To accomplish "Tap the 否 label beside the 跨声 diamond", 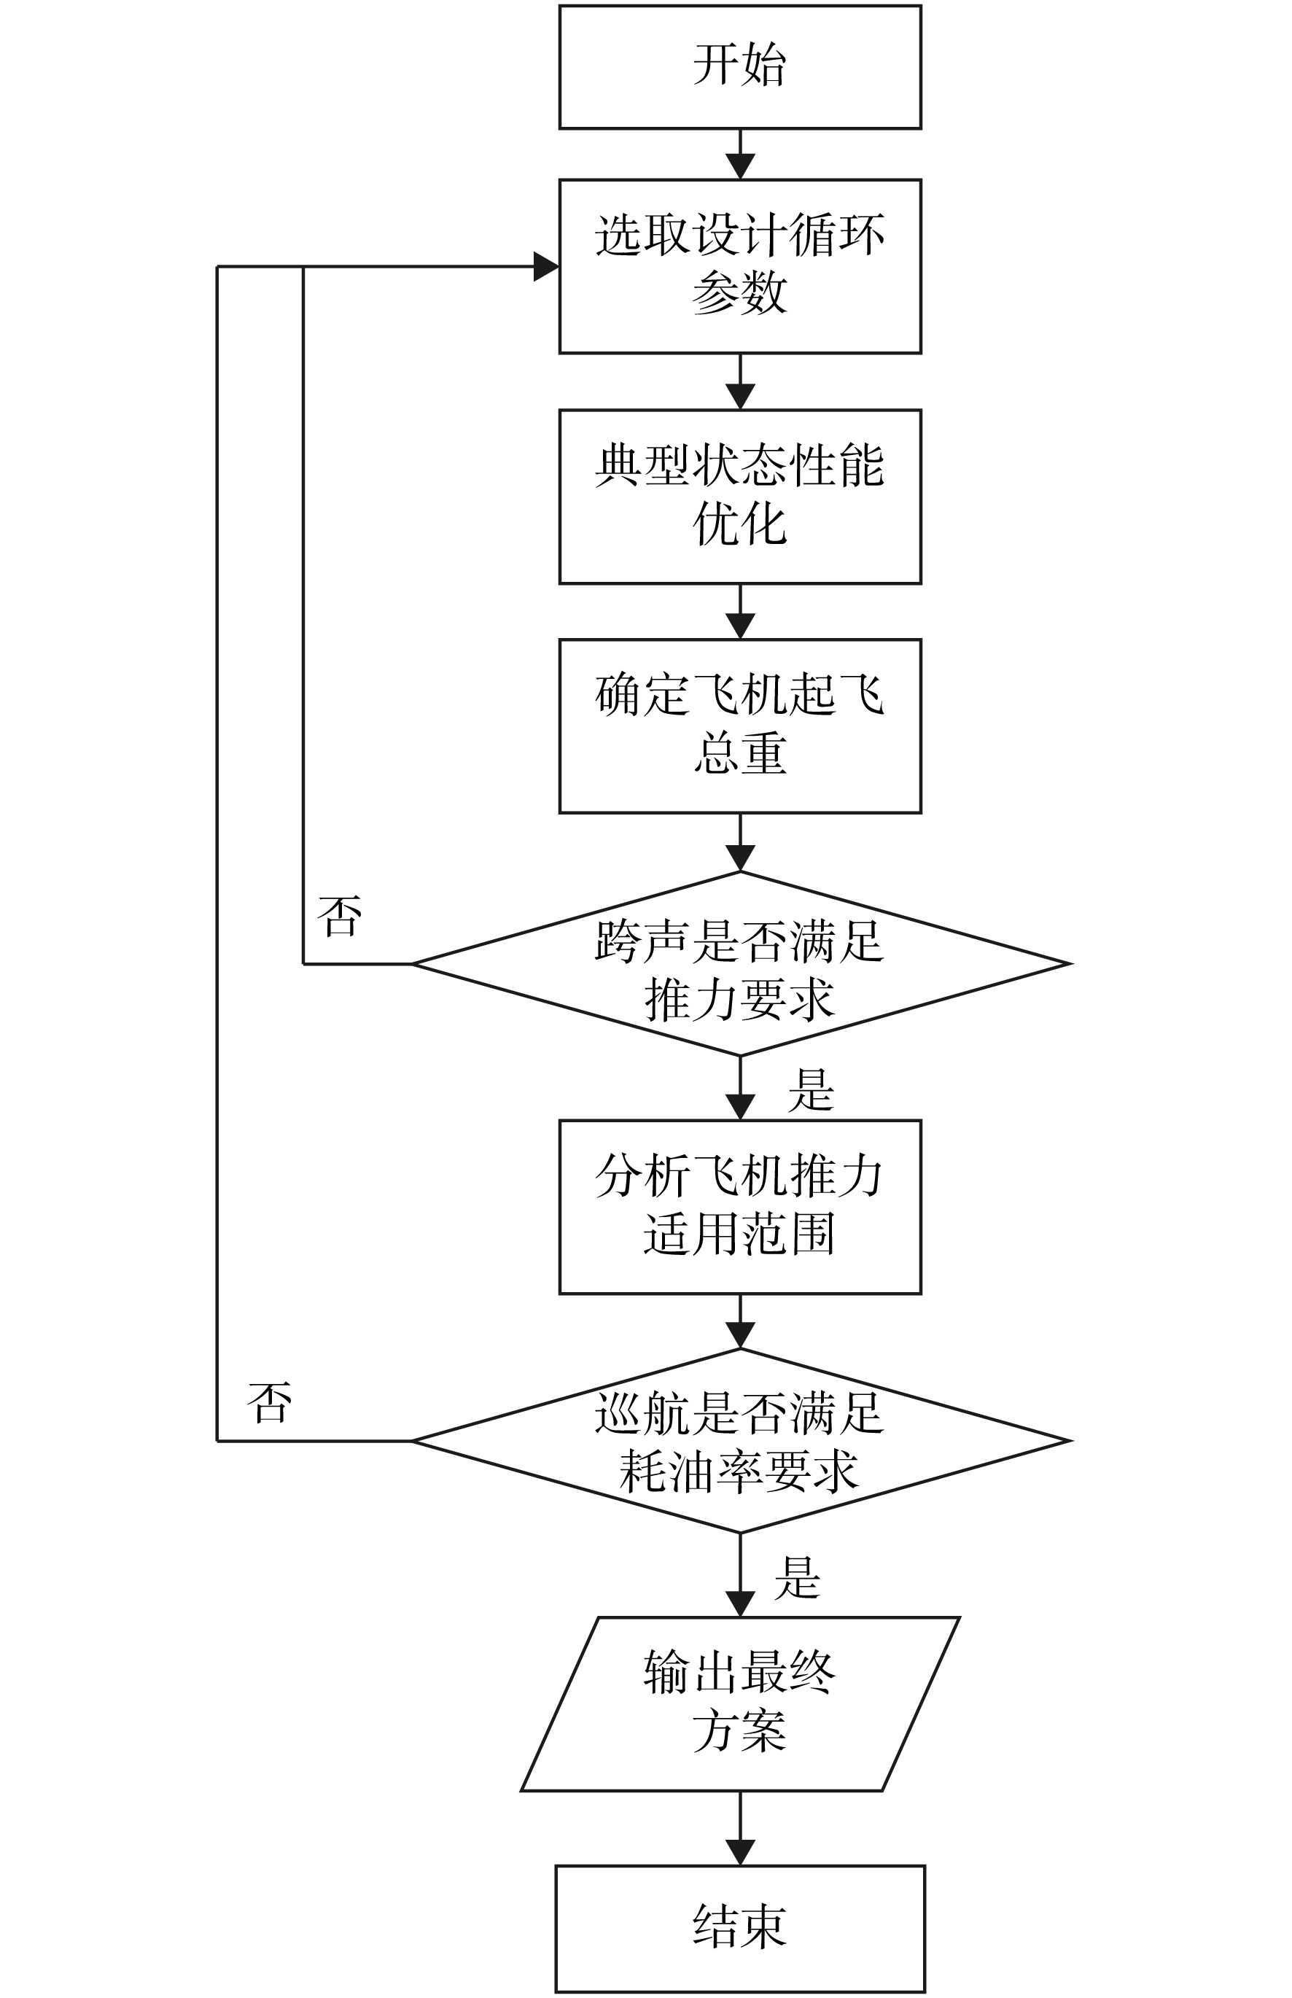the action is click(x=340, y=915).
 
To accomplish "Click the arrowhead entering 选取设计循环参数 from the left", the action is click(x=546, y=267).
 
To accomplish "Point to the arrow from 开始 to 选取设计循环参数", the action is click(x=740, y=155).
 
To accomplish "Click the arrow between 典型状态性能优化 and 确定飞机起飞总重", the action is click(x=740, y=612).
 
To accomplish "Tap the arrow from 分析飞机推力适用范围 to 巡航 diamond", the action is click(x=740, y=1322).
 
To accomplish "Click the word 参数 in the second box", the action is click(x=740, y=292).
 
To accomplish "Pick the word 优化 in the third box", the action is click(x=740, y=524).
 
